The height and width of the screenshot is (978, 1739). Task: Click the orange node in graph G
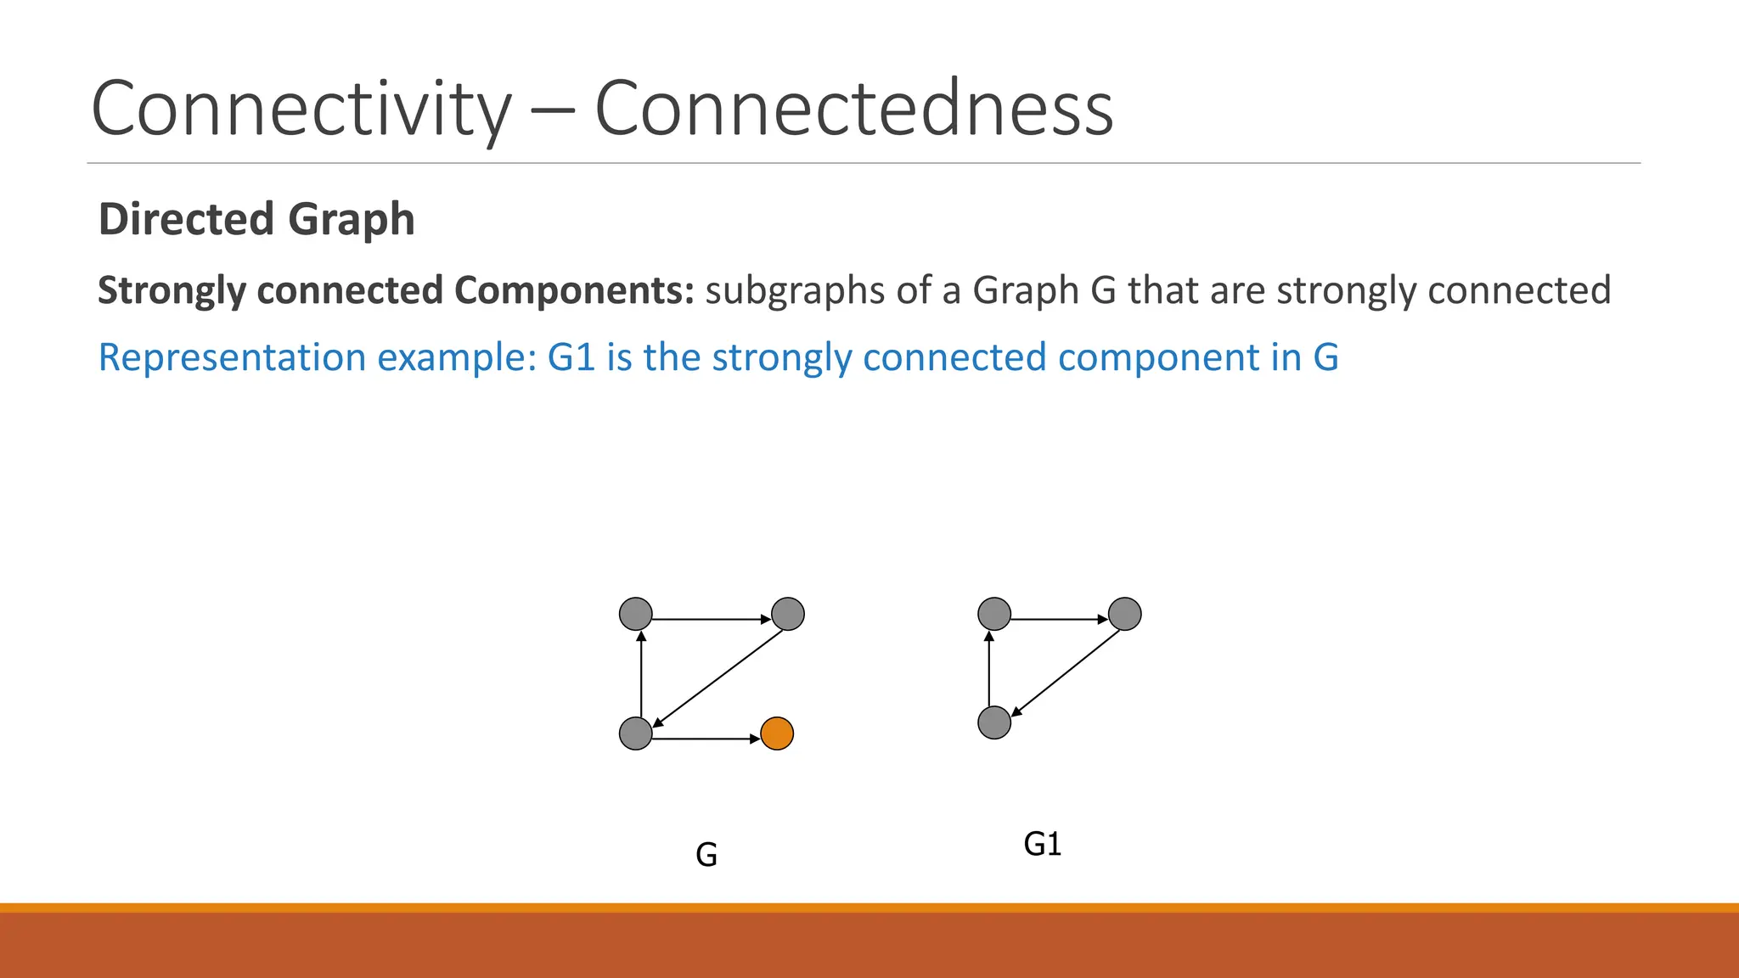pyautogui.click(x=777, y=733)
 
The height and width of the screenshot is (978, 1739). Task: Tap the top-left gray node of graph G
pyautogui.click(x=636, y=613)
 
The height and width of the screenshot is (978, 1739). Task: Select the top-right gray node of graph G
pyautogui.click(x=788, y=613)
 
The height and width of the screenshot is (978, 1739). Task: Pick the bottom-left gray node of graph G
pyautogui.click(x=636, y=733)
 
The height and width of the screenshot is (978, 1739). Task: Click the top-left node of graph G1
pyautogui.click(x=994, y=613)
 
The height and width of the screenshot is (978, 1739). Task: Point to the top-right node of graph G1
pyautogui.click(x=1125, y=613)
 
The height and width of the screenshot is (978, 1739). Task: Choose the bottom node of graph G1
pyautogui.click(x=994, y=722)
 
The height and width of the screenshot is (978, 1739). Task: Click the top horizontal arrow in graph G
pyautogui.click(x=712, y=620)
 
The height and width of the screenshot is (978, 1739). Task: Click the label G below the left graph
pyautogui.click(x=706, y=854)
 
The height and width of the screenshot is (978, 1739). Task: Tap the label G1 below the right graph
pyautogui.click(x=1042, y=844)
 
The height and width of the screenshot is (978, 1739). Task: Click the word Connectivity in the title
pyautogui.click(x=301, y=109)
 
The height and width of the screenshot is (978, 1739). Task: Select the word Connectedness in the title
pyautogui.click(x=853, y=109)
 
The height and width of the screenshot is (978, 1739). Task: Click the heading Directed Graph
pyautogui.click(x=256, y=219)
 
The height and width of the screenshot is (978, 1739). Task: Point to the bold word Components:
pyautogui.click(x=574, y=290)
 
